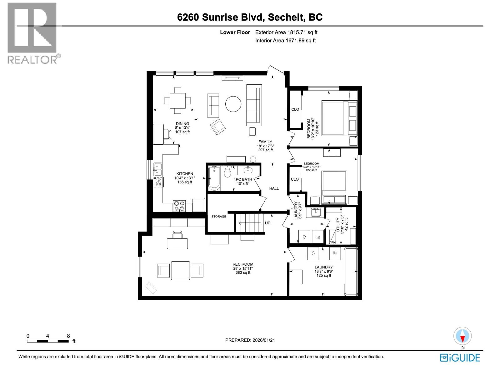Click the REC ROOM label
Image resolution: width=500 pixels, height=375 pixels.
[243, 264]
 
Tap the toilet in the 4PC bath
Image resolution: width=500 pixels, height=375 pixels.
[227, 172]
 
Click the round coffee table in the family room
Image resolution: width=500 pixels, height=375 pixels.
[233, 104]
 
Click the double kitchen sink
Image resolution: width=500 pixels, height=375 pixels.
[157, 169]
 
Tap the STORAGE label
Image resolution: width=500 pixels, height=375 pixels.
[218, 217]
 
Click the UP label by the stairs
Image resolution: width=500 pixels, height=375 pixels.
[267, 223]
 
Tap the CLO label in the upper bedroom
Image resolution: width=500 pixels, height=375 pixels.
[295, 109]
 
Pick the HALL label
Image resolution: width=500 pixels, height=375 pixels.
[274, 188]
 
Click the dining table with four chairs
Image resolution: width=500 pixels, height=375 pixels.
[177, 100]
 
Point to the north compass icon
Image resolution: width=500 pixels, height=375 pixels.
[462, 336]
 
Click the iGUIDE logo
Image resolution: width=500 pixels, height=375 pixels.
[460, 357]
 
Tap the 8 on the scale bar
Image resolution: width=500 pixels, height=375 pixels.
[68, 336]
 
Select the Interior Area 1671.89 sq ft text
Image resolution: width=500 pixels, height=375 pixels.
[285, 40]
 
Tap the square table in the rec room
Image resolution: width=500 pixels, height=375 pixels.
[180, 270]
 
